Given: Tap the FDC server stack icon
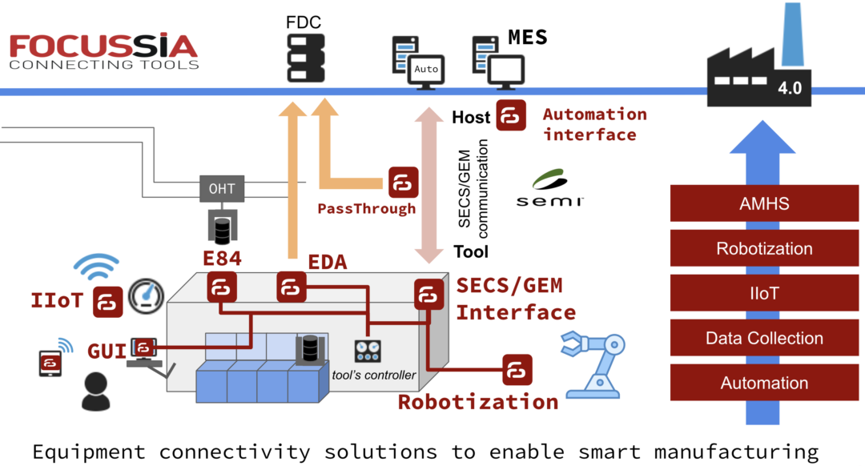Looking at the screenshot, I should [x=304, y=57].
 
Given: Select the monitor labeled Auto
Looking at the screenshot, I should [x=425, y=70].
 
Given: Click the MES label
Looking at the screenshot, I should [x=528, y=37].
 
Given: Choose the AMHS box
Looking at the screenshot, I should [x=763, y=204].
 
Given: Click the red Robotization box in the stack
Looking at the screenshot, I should [x=763, y=248].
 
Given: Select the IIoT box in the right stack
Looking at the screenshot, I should [x=763, y=293].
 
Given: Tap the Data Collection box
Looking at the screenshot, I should [x=763, y=338].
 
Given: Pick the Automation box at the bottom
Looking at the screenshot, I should [x=763, y=383].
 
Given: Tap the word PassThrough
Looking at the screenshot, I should [x=367, y=209].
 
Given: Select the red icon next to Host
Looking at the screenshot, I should [x=510, y=116].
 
